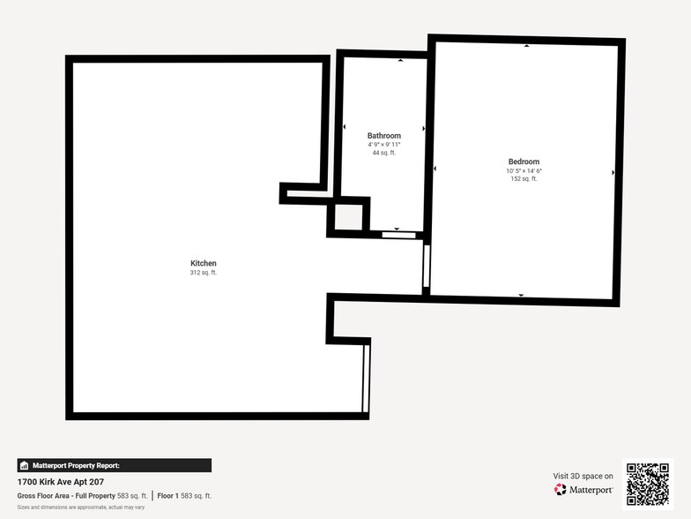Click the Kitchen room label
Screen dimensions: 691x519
203,263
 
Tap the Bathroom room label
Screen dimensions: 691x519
384,136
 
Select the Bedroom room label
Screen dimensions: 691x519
524,162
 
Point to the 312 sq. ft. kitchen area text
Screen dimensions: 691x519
203,273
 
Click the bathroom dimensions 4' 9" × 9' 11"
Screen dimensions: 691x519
384,145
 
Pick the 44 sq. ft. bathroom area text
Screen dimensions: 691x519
384,153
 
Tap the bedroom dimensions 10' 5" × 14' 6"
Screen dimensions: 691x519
524,171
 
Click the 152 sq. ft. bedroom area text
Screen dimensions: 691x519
524,178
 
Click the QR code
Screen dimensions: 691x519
648,484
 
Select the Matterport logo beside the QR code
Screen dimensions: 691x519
583,489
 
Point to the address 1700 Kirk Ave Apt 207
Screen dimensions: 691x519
61,482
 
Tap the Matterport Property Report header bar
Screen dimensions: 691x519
115,466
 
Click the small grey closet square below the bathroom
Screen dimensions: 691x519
349,217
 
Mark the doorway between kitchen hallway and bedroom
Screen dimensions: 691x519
427,267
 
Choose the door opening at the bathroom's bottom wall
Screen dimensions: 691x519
398,235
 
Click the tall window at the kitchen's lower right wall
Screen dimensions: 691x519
365,379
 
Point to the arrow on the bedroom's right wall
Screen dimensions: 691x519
613,173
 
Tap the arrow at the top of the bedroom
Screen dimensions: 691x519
527,46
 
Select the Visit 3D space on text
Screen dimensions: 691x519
583,477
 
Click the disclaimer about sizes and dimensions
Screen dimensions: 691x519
81,508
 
